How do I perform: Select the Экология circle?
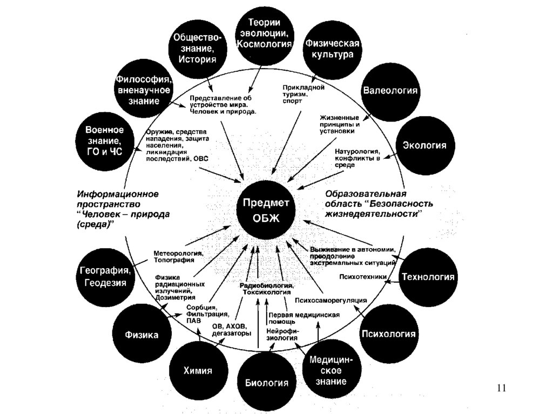(x=424, y=145)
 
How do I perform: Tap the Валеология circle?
(x=390, y=90)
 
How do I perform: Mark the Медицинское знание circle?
(x=330, y=370)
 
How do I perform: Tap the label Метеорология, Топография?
(x=178, y=256)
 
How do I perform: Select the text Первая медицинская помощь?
(x=304, y=318)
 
